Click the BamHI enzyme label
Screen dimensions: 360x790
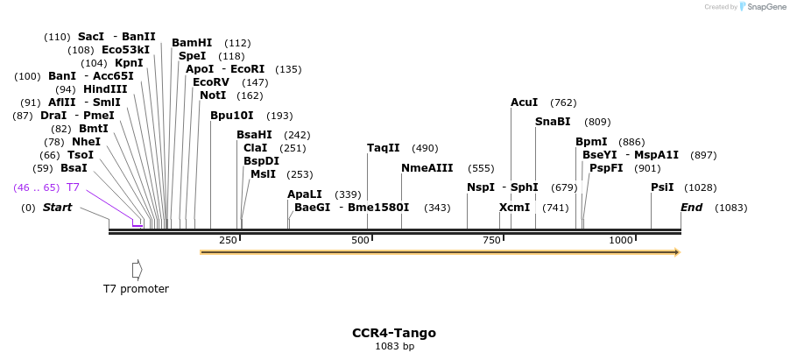192,43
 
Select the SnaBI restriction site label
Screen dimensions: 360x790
553,122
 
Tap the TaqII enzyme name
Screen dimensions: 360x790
383,148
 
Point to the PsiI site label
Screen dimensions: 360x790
662,187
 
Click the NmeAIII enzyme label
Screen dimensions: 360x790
427,168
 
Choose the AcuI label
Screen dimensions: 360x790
525,102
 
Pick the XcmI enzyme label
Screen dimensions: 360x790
515,208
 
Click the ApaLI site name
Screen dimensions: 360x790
305,194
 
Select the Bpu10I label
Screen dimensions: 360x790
232,116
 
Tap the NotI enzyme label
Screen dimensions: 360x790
213,95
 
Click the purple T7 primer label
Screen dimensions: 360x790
74,187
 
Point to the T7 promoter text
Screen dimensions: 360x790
136,289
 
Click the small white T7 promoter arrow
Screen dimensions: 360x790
137,270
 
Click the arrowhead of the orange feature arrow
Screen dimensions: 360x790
676,252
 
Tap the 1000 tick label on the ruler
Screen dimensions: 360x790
621,240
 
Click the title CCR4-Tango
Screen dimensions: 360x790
394,333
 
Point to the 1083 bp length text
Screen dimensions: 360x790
394,347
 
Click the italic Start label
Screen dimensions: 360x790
58,208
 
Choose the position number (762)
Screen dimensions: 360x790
563,102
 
